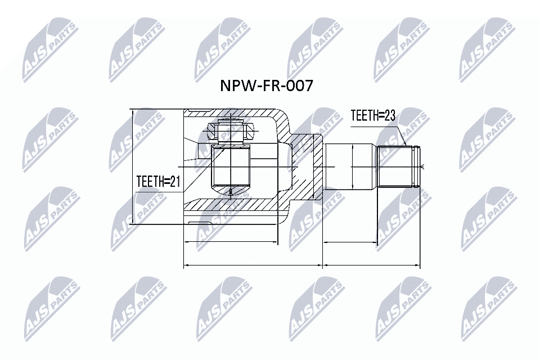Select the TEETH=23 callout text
[x=373, y=116]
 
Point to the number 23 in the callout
[x=390, y=116]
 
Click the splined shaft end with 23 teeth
[x=399, y=166]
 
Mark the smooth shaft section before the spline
[x=350, y=167]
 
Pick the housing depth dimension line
[x=231, y=243]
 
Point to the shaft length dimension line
[x=350, y=243]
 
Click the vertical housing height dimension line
[x=133, y=167]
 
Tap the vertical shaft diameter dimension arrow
[x=352, y=167]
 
